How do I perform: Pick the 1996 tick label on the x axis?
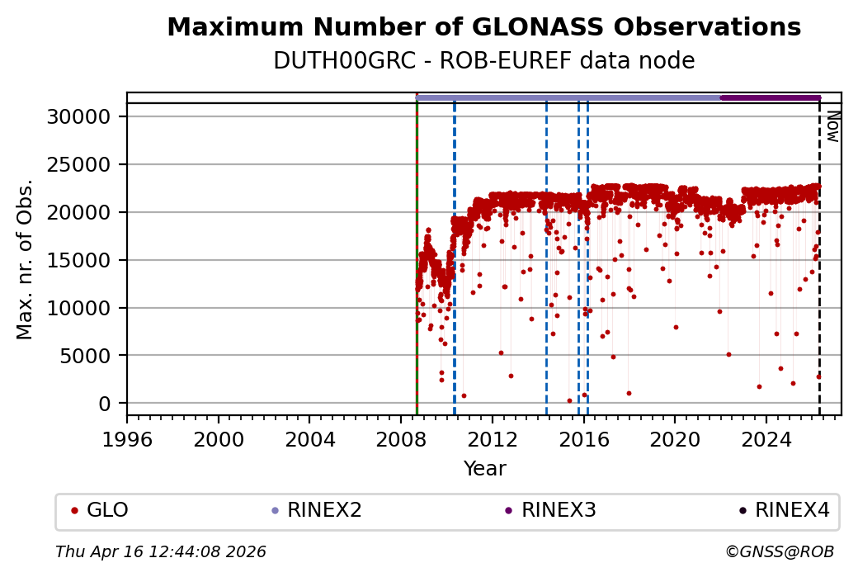click(127, 438)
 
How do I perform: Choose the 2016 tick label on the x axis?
click(583, 438)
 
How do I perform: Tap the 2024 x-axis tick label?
click(766, 438)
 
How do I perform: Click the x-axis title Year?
click(484, 469)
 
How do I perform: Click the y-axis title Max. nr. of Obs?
click(25, 259)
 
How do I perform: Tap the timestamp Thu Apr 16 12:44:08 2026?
click(161, 551)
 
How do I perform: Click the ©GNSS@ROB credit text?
click(780, 551)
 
